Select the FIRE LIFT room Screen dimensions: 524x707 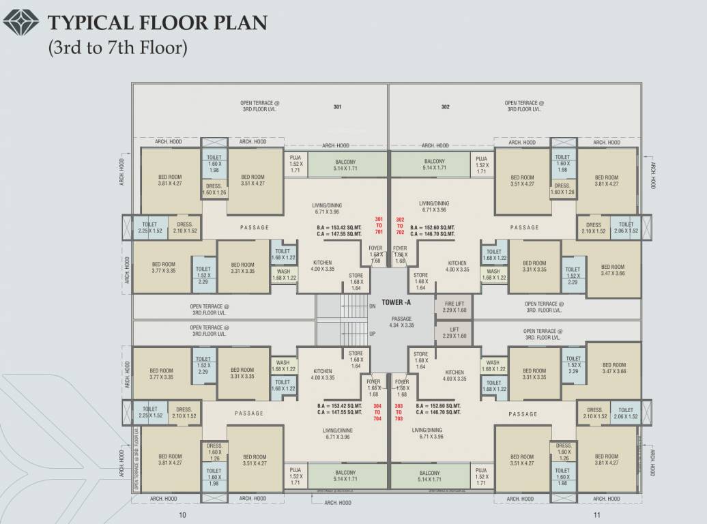tap(454, 307)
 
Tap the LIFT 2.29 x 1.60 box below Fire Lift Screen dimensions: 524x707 tap(454, 332)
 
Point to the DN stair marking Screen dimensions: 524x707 tap(372, 306)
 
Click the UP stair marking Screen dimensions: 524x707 tap(372, 334)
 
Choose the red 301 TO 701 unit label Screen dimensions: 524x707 tap(379, 225)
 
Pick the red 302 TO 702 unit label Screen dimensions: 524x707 tap(400, 225)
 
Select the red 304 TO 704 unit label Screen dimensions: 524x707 tap(377, 412)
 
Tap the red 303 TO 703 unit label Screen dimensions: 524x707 tap(399, 412)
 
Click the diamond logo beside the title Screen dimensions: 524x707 tap(23, 25)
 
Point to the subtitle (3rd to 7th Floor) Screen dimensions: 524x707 tap(116, 49)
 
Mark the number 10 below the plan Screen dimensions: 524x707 tap(182, 514)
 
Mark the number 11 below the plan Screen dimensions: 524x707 tap(596, 514)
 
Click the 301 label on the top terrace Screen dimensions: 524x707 tap(337, 106)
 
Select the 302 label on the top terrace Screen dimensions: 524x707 tap(445, 106)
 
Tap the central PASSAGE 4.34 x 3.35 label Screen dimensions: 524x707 tap(402, 322)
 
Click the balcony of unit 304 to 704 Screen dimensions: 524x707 tap(345, 476)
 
